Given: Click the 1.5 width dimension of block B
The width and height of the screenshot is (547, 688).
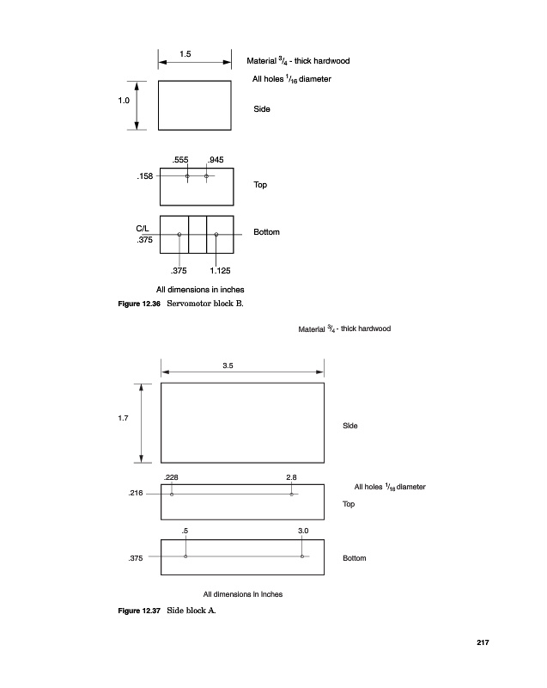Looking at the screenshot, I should [185, 55].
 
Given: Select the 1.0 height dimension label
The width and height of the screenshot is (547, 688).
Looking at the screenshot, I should [124, 101].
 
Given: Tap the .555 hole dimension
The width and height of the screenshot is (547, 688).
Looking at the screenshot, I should [180, 160].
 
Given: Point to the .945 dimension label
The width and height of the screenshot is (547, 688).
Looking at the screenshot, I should [216, 160].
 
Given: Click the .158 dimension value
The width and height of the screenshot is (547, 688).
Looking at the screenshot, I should [144, 176].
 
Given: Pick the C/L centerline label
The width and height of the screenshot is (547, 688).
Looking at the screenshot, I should [143, 227].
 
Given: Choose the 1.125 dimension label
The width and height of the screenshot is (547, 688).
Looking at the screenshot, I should [220, 271].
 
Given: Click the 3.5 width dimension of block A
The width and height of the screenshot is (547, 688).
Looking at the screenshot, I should [228, 365].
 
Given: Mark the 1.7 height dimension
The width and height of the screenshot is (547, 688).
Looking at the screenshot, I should [123, 419].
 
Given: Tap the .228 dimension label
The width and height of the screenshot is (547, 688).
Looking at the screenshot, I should [172, 476].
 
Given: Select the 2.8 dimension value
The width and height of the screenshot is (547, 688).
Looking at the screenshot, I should [291, 476].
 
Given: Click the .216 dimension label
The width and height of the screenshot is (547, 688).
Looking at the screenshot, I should [136, 494].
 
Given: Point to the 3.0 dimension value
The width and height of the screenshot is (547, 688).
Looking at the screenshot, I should [303, 531].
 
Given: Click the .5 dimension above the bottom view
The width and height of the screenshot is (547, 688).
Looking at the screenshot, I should [185, 531].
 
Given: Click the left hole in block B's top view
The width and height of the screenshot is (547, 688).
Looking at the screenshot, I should [187, 176].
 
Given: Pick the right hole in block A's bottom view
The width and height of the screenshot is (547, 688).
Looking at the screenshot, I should [302, 556].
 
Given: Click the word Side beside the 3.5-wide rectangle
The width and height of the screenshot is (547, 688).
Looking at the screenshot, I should [350, 426].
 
